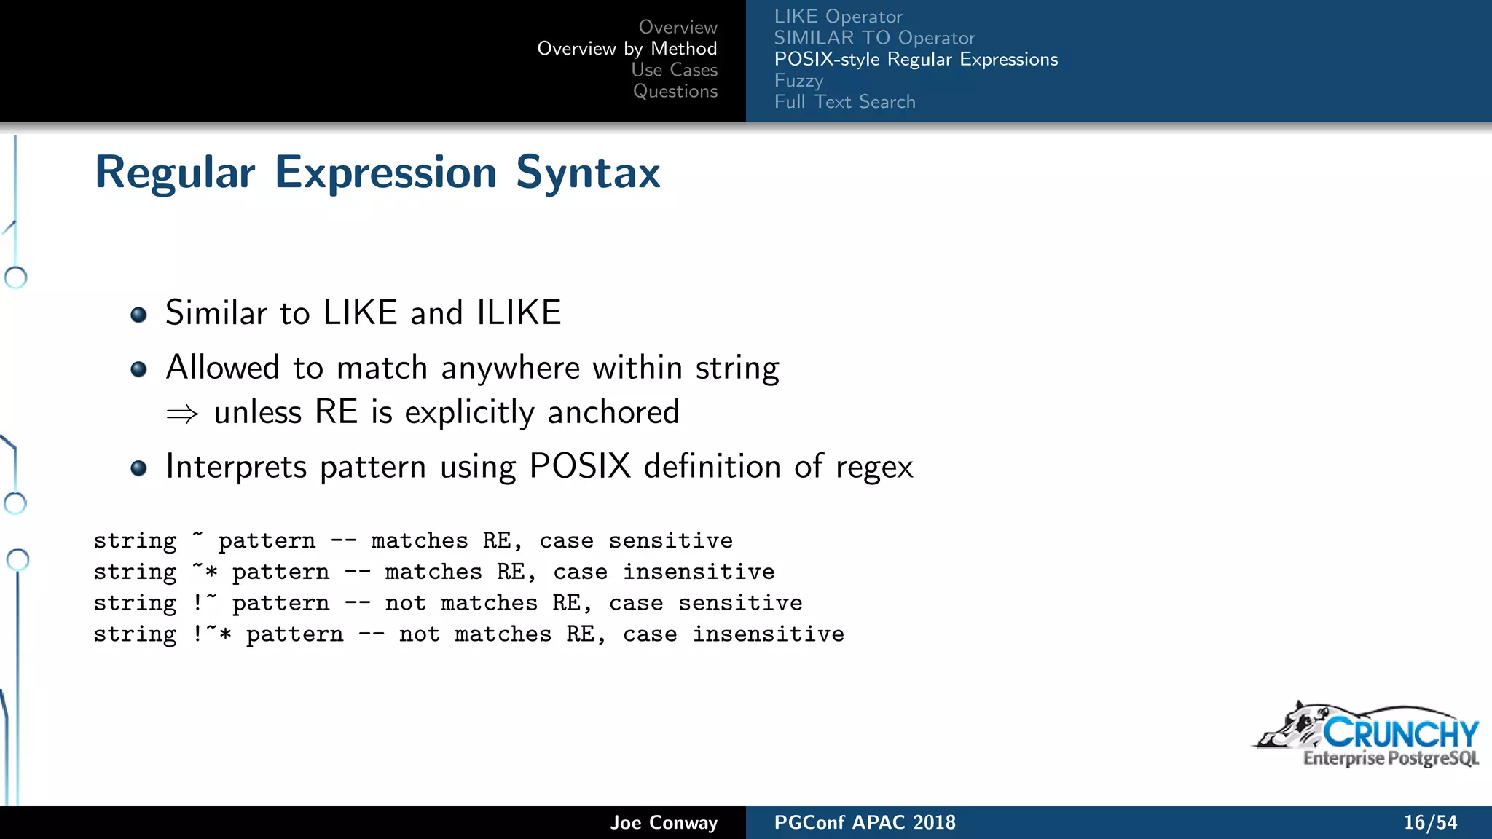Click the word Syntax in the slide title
coord(588,173)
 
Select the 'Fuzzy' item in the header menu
coord(798,80)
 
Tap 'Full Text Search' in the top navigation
coord(844,102)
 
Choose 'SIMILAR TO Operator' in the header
coord(874,38)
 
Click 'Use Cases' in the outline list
coord(674,70)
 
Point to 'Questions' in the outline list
coord(675,91)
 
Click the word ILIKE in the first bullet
coord(519,313)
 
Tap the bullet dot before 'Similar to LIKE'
coord(138,315)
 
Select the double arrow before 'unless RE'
coord(182,414)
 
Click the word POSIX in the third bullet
coord(580,466)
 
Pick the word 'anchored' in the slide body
coord(613,412)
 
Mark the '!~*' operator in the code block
coord(212,634)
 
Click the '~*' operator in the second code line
coord(205,571)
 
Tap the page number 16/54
coord(1430,822)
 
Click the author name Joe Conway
coord(664,822)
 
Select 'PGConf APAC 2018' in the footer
coord(865,822)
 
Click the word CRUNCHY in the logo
coord(1400,733)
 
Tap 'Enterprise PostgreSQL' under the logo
coord(1391,758)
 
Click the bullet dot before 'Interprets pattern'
coord(138,468)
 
